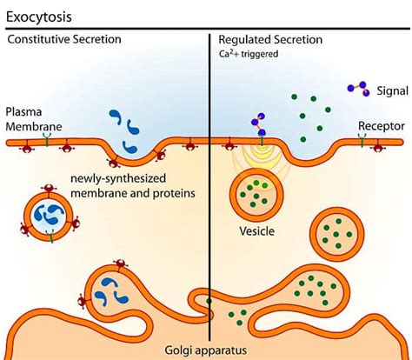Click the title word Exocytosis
tap(39, 17)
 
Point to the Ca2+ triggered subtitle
tap(249, 53)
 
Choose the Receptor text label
tap(381, 125)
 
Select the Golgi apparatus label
tap(206, 350)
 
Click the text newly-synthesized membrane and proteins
tap(131, 186)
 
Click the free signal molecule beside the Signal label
tap(356, 89)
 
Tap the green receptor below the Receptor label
tap(362, 136)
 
